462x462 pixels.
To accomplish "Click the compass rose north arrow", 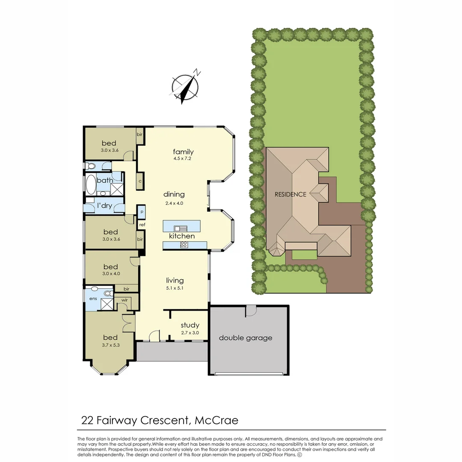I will (x=185, y=87).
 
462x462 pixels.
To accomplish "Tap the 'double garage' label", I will (x=246, y=338).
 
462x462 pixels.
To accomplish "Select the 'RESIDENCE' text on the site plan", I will (x=290, y=194).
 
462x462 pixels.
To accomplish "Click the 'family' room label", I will (x=183, y=152).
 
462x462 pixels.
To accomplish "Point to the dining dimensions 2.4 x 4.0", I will (x=174, y=203).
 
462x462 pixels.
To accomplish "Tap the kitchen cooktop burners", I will (x=184, y=245).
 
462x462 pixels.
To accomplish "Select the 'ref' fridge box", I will (x=142, y=225).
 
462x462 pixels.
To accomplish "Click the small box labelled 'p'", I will (x=141, y=211).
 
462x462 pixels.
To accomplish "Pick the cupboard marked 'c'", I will (x=140, y=181).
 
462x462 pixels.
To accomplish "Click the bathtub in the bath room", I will (x=91, y=185).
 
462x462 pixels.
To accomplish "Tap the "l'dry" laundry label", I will (x=104, y=206).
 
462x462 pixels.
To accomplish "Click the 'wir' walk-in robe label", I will (x=124, y=300).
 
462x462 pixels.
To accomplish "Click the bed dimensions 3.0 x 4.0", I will (x=110, y=274).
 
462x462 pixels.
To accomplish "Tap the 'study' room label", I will (x=190, y=326).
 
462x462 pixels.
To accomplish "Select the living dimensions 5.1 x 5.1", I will (x=175, y=288).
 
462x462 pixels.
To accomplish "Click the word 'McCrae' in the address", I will (x=216, y=420).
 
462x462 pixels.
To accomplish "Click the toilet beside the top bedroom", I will (x=91, y=166).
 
